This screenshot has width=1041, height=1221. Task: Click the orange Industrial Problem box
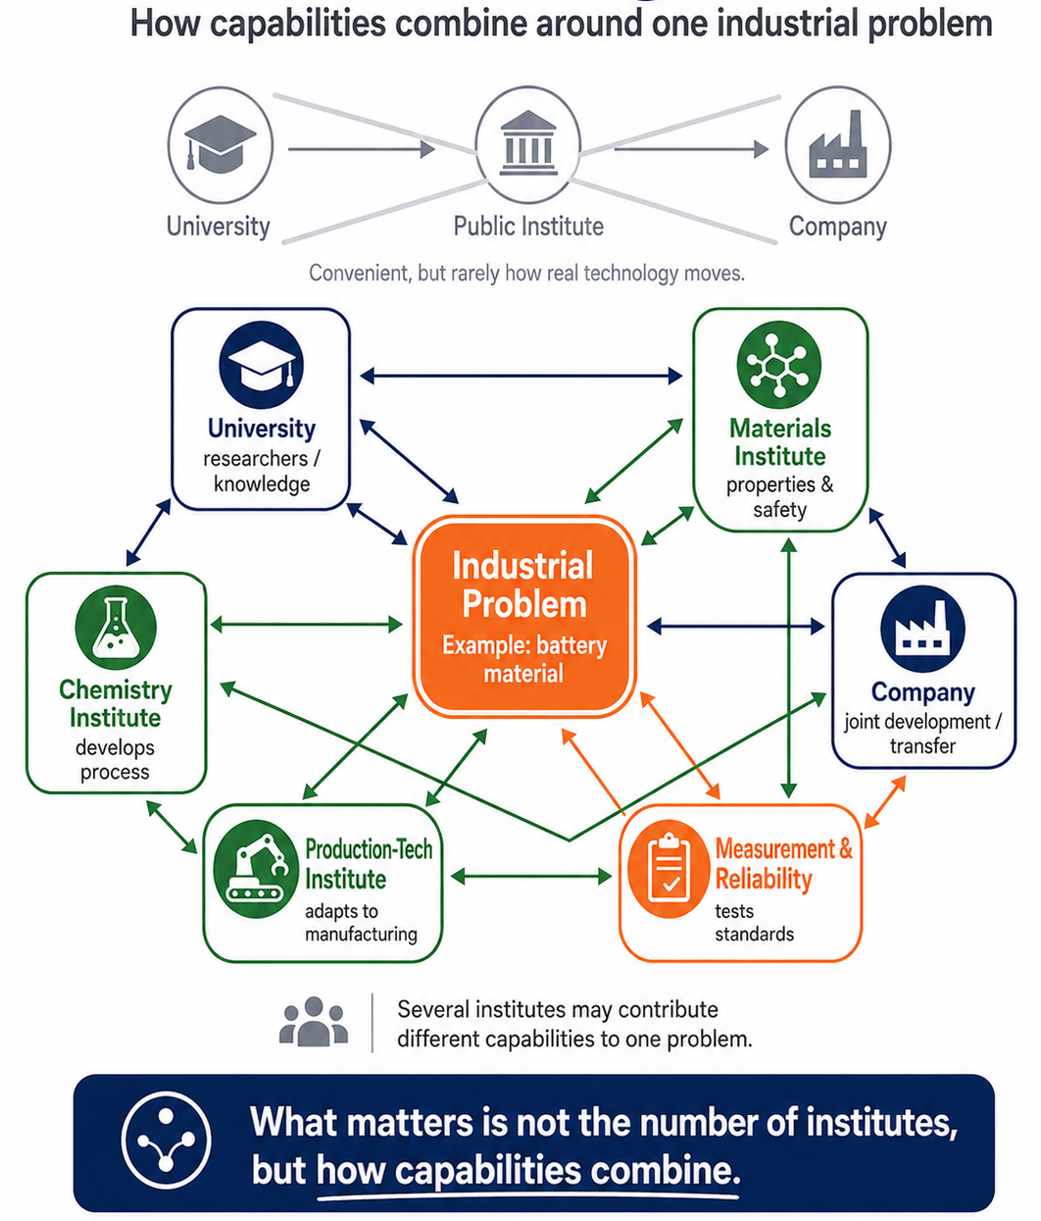point(524,616)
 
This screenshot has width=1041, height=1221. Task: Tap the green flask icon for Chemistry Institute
point(116,628)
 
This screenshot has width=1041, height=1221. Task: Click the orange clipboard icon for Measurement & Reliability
point(669,868)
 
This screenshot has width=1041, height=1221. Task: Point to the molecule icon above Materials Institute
point(779,364)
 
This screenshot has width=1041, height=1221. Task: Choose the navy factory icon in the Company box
point(922,629)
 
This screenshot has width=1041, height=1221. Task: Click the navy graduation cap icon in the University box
point(261,365)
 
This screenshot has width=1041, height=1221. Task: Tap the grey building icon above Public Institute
point(528,143)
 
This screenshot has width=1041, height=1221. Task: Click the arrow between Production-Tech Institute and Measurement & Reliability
point(531,876)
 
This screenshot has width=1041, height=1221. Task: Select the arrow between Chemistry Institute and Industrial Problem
point(306,625)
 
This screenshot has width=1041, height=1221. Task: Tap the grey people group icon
point(314,1022)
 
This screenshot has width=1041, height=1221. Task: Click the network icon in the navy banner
point(166,1140)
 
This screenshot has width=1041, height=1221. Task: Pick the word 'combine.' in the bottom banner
point(666,1170)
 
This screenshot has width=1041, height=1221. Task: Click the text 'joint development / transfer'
point(922,734)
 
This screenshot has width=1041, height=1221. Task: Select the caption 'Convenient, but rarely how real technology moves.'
point(526,273)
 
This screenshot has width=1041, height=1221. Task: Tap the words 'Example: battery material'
point(524,659)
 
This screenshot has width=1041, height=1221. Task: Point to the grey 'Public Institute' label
point(528,227)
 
